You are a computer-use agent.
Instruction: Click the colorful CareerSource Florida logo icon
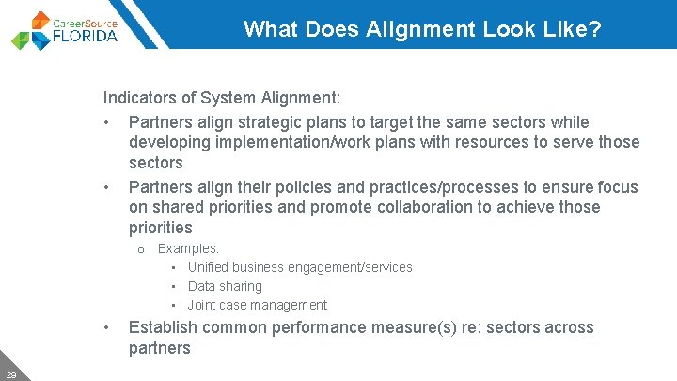point(30,30)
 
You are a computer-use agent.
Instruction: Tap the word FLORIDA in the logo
point(87,36)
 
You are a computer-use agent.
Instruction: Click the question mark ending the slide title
point(595,28)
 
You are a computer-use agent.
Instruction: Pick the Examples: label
point(188,248)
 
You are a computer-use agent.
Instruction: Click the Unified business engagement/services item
point(300,267)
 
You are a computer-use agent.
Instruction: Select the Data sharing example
point(225,286)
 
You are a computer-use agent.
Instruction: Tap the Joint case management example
point(257,305)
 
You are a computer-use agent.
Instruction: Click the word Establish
point(163,327)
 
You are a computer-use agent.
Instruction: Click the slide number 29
point(10,374)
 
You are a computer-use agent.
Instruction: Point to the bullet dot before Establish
point(109,328)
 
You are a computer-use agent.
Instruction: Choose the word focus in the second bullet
point(617,187)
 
